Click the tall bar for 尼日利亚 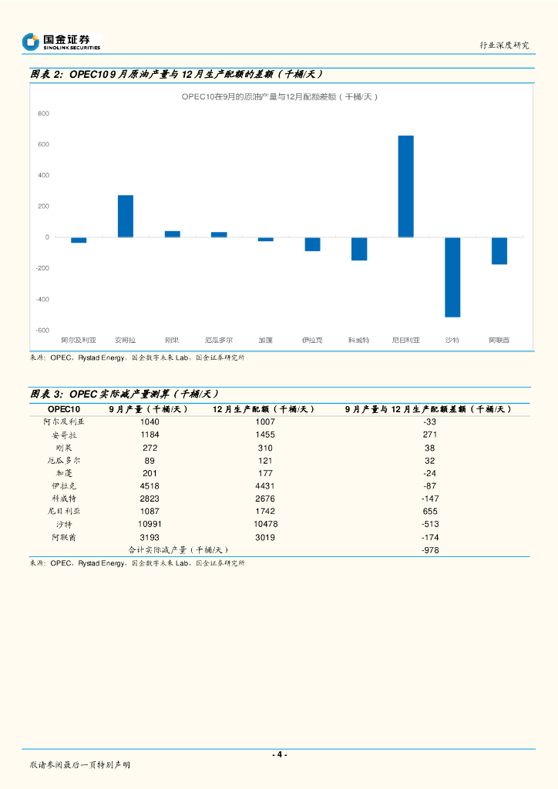coord(405,186)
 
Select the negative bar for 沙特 coord(452,277)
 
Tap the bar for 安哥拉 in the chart coord(126,217)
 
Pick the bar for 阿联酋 coord(499,250)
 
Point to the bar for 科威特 coord(359,249)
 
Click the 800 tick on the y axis coord(43,114)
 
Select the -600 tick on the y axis coord(42,331)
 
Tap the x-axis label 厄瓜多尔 coord(219,340)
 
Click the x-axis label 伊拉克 coord(312,340)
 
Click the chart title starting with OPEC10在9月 coord(280,96)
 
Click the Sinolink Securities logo coord(62,42)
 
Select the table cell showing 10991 coord(150,524)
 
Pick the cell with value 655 coord(430,512)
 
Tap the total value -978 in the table coord(430,550)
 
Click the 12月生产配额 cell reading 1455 coord(264,435)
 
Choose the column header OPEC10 coord(63,409)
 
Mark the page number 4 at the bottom coord(280,754)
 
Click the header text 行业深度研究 coord(504,45)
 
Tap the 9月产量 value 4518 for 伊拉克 coord(150,486)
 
